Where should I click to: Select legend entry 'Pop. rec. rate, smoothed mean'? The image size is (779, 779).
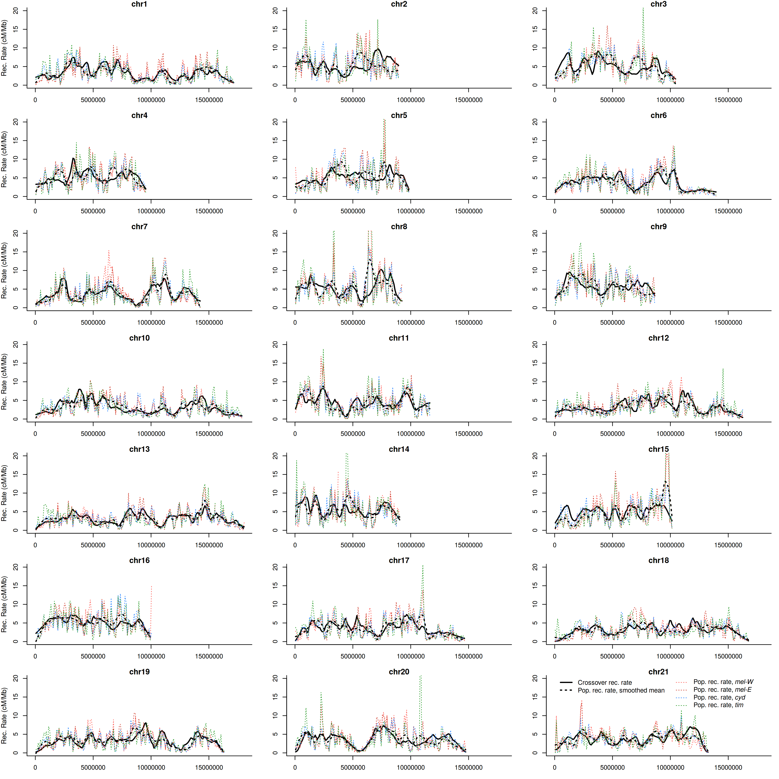[x=621, y=690]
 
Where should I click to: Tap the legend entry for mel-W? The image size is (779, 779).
[x=723, y=682]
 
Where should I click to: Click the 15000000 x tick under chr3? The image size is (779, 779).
[x=728, y=100]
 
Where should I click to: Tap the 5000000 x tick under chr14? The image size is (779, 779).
[x=353, y=545]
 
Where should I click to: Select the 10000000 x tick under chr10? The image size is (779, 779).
[x=151, y=434]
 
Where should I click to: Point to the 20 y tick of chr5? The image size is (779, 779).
[x=275, y=122]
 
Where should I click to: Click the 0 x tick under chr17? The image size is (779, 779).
[x=295, y=657]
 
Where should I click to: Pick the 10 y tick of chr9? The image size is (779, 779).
[x=535, y=270]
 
